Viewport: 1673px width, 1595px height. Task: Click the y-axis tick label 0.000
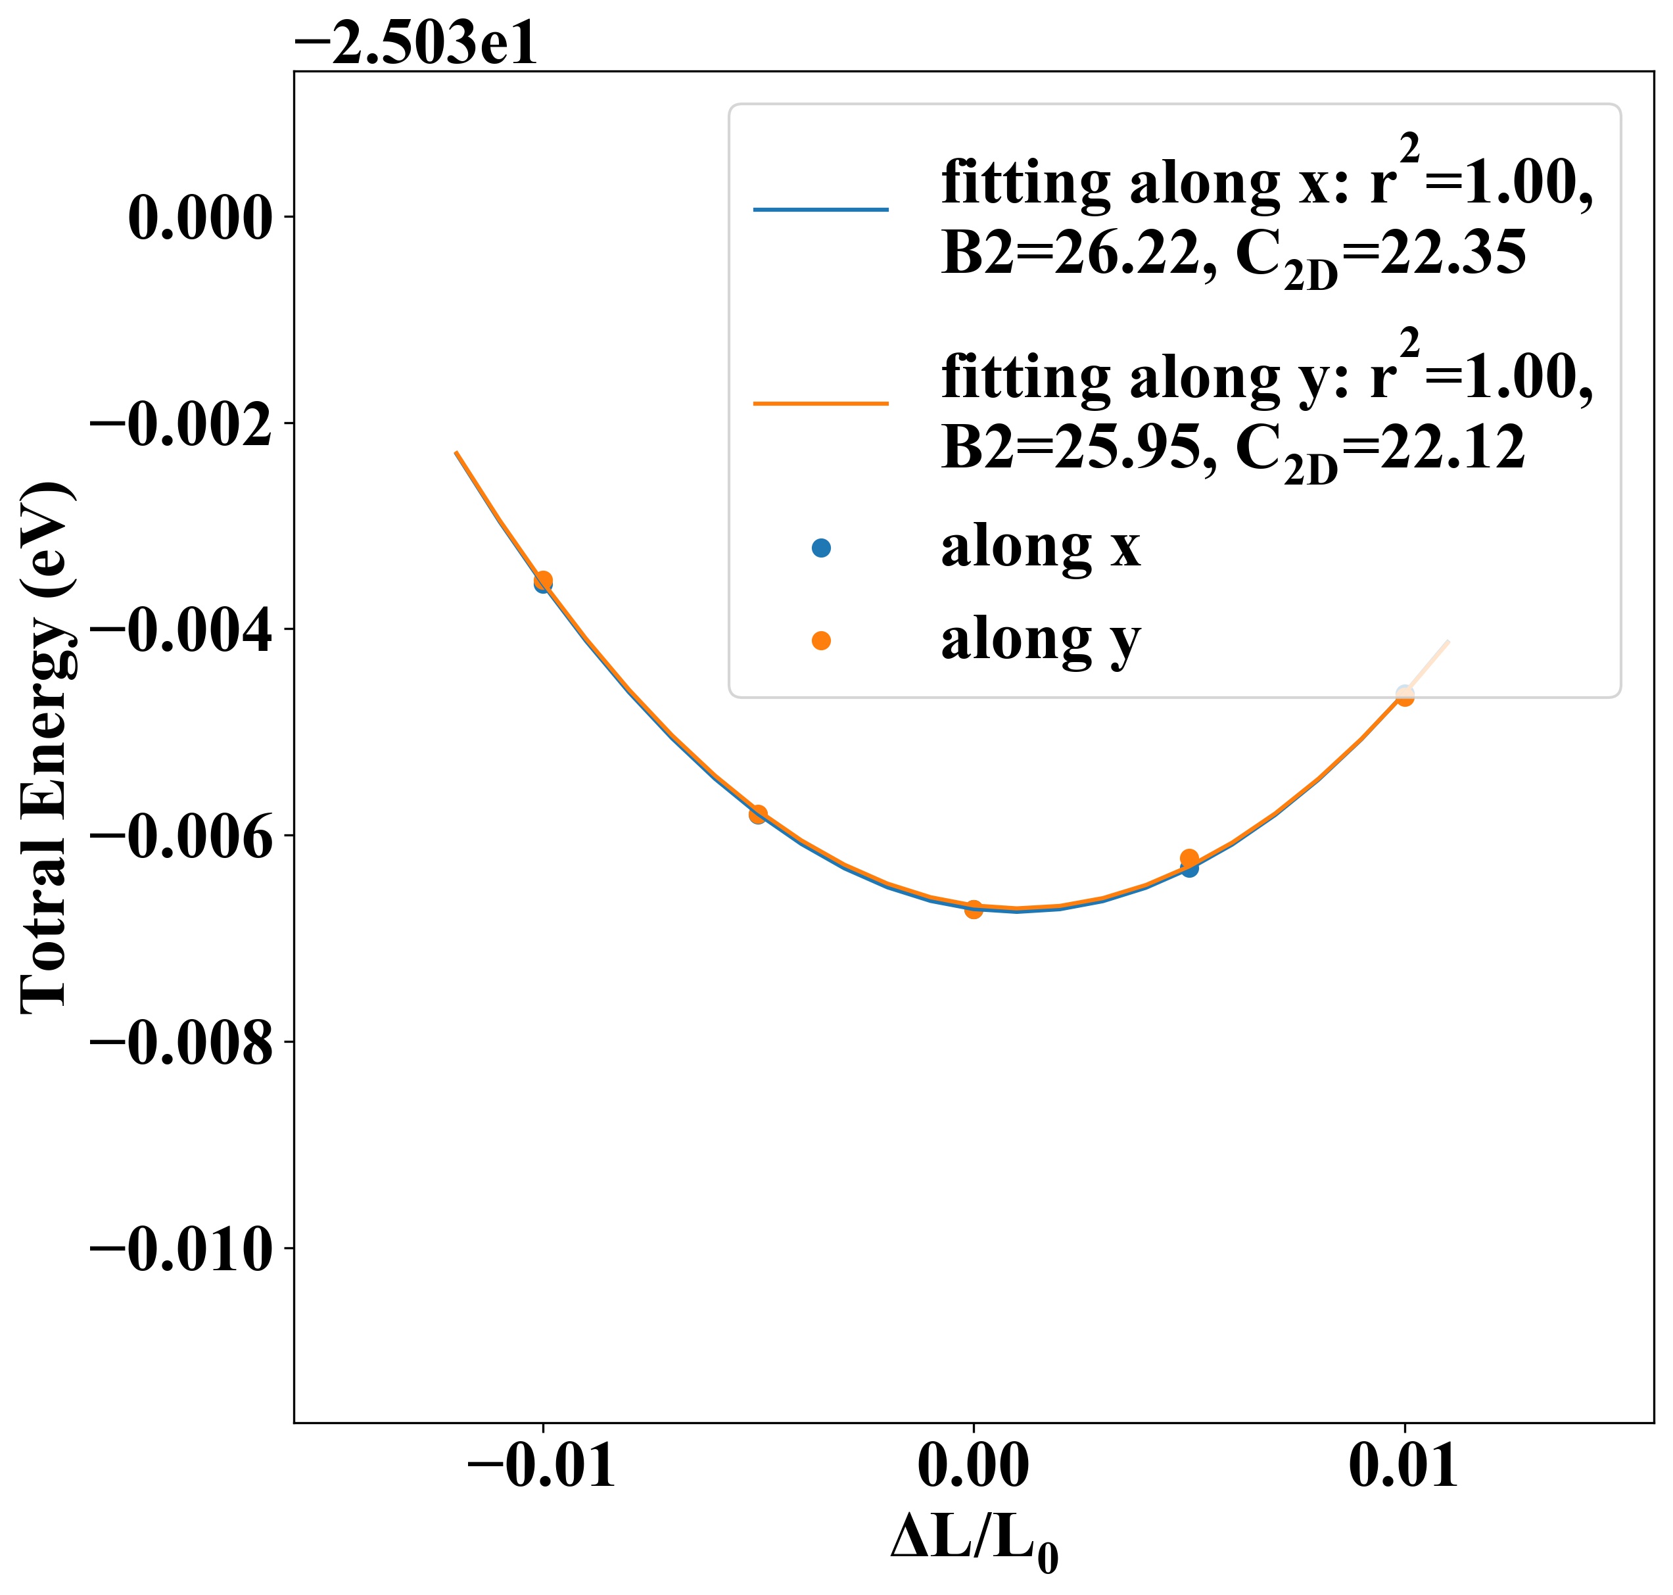(x=200, y=218)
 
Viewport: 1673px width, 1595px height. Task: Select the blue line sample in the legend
(x=820, y=209)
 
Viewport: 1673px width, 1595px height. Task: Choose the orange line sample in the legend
(x=820, y=403)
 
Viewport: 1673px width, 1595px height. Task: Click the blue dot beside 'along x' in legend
(x=820, y=548)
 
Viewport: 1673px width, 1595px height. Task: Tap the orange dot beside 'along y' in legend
(x=820, y=641)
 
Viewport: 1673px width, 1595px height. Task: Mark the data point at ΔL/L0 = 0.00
(x=974, y=909)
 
